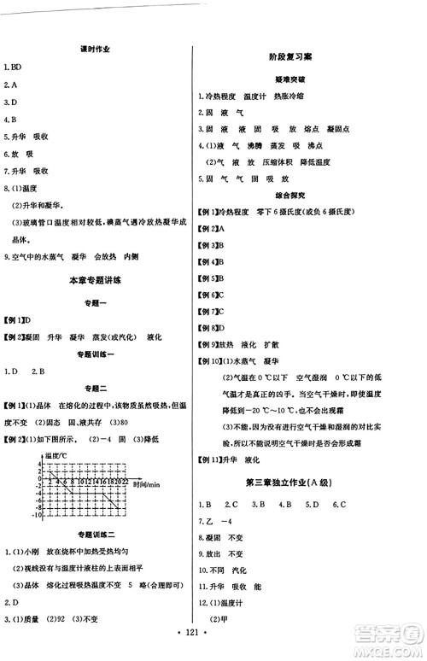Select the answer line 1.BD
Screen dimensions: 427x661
tap(14, 67)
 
